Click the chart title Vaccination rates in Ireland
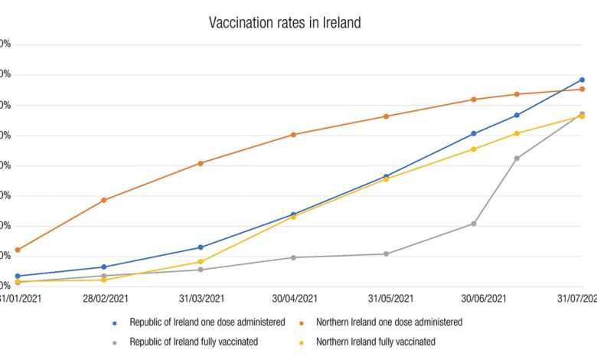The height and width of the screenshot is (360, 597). click(x=285, y=23)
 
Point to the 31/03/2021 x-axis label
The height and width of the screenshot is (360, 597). click(x=200, y=298)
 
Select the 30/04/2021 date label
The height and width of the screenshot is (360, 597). click(x=295, y=298)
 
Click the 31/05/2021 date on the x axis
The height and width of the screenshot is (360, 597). click(x=390, y=298)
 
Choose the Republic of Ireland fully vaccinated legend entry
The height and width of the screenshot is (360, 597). click(x=194, y=342)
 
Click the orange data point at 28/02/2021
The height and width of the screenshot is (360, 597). click(x=104, y=200)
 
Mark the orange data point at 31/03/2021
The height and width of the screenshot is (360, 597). click(x=201, y=163)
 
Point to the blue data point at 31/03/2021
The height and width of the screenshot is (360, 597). click(x=201, y=247)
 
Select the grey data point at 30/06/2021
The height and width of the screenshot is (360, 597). click(x=474, y=224)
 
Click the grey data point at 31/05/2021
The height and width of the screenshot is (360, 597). click(x=387, y=254)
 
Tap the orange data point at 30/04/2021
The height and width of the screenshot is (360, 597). click(x=293, y=135)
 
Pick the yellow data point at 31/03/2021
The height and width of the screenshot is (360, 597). click(x=201, y=262)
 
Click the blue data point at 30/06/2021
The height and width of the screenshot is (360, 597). click(x=474, y=134)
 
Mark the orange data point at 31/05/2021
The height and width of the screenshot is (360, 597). click(x=387, y=116)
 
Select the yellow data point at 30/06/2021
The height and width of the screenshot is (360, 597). click(x=474, y=149)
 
